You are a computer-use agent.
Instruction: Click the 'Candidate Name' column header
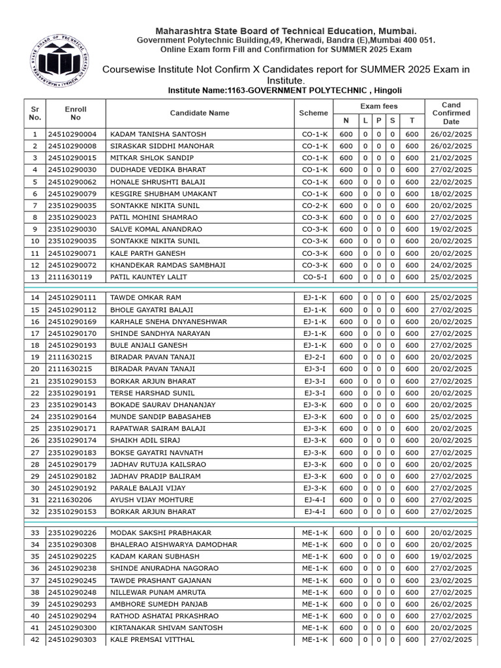[x=200, y=113]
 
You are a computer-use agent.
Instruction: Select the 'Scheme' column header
[x=313, y=113]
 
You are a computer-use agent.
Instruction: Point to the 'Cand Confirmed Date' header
[x=451, y=113]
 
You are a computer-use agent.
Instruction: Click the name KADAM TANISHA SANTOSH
[x=158, y=134]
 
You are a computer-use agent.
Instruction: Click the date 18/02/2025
[x=451, y=194]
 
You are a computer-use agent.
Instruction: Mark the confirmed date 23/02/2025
[x=451, y=580]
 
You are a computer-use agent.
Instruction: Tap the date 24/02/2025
[x=451, y=266]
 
